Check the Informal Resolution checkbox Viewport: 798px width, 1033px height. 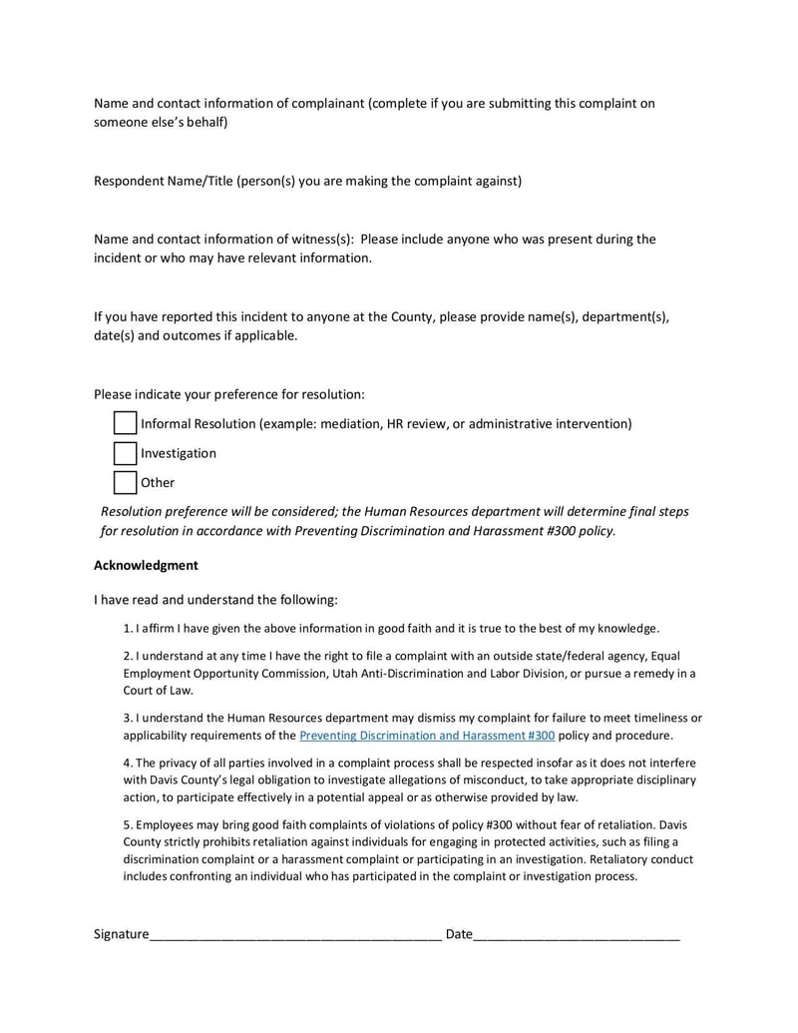(x=125, y=423)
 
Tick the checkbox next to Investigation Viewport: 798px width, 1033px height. (x=125, y=453)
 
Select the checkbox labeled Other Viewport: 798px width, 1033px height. (x=125, y=482)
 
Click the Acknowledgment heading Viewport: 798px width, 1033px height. (x=146, y=565)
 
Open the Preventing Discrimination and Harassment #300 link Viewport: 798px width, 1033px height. (x=427, y=736)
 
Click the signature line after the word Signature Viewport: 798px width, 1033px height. (x=295, y=935)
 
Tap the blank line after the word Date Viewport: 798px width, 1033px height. (x=577, y=935)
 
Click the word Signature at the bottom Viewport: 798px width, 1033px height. (x=121, y=934)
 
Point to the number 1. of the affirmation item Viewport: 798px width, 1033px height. (x=128, y=629)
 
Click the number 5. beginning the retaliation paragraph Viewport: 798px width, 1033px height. (x=128, y=825)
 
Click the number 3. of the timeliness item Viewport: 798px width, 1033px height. (x=128, y=718)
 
